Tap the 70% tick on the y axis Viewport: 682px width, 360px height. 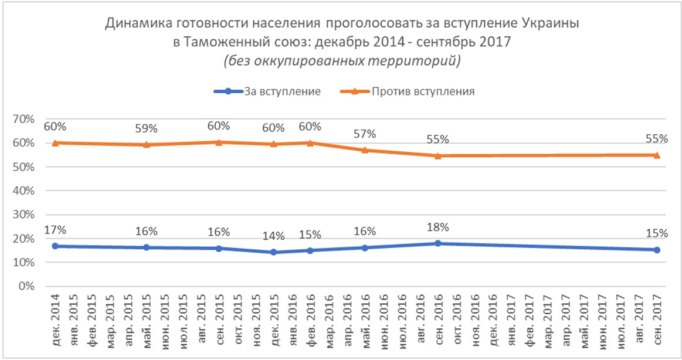coord(25,119)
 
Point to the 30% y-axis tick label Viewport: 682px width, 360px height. coord(25,215)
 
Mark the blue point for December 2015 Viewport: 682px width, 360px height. coord(274,252)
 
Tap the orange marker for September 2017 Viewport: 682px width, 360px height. coord(657,155)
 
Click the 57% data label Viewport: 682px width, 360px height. coord(365,134)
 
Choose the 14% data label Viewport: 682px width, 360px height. coord(274,236)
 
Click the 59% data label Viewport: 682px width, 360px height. coord(147,127)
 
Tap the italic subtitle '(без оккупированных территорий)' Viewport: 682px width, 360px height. coord(341,60)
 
